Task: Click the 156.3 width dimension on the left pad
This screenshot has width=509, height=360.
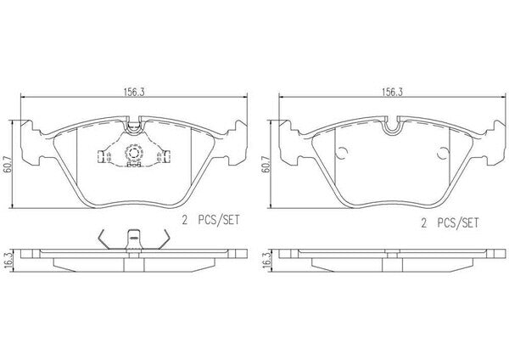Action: click(x=133, y=93)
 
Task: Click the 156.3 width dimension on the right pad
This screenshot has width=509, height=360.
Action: click(x=392, y=93)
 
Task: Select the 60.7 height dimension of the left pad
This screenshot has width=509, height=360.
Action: click(x=8, y=165)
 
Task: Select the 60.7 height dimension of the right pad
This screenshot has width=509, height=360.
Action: click(x=266, y=165)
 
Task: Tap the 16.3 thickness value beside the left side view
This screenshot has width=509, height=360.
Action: click(x=8, y=260)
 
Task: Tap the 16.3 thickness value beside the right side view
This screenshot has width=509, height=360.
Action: click(x=267, y=260)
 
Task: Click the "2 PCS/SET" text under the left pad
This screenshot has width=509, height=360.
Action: click(x=210, y=220)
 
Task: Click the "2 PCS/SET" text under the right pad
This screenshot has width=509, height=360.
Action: click(x=450, y=223)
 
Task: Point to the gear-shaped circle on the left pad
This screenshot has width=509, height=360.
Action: click(x=133, y=152)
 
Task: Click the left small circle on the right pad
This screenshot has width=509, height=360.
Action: click(x=342, y=153)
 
